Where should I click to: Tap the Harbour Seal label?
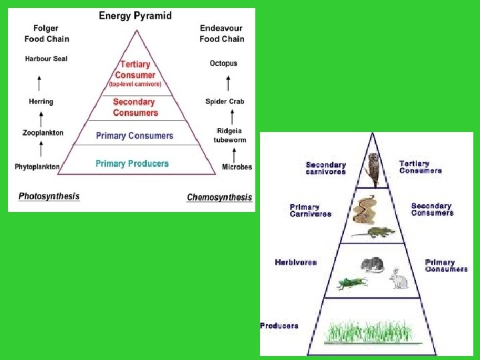(46, 59)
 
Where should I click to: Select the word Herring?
(41, 102)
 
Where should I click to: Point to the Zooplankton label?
(43, 133)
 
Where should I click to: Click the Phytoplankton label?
(37, 167)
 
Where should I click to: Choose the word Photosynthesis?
(49, 197)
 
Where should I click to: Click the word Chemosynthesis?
(219, 197)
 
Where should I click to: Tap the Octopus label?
(223, 63)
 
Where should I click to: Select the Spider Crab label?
(225, 102)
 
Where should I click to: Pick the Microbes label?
(237, 167)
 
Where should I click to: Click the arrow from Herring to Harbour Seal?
(39, 83)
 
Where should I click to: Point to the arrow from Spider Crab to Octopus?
(227, 83)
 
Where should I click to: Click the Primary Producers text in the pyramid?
(132, 163)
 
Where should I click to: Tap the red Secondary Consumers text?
(135, 107)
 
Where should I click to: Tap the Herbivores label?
(295, 263)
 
